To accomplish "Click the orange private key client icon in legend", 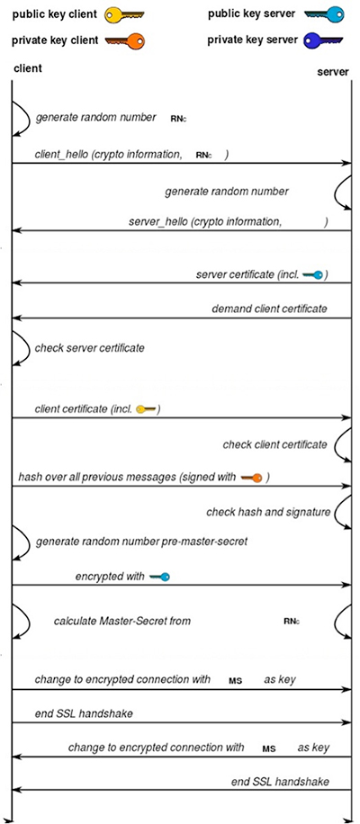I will click(123, 40).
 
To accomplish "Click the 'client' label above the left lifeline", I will click(28, 69).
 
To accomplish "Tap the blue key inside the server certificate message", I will click(314, 274).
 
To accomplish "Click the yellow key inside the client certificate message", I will click(147, 409).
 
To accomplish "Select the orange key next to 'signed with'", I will click(252, 477).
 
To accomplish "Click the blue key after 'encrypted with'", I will click(159, 577).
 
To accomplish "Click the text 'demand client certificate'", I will click(269, 309).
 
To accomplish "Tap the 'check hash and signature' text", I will click(267, 512).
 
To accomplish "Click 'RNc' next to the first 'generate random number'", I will click(178, 118).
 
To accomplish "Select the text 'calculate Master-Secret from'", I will click(121, 621).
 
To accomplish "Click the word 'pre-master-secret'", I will click(203, 542).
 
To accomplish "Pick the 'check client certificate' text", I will click(274, 444).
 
